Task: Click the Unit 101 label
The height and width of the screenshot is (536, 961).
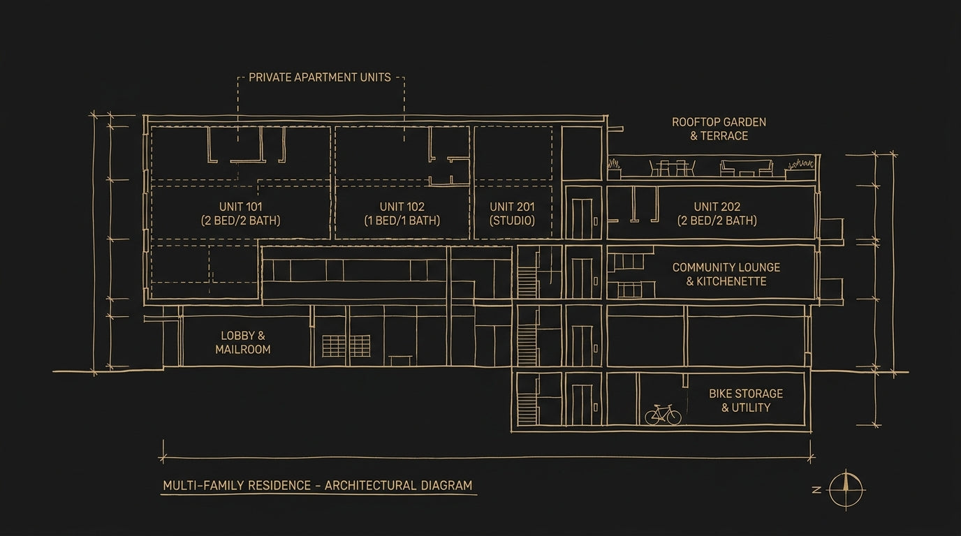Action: pyautogui.click(x=241, y=214)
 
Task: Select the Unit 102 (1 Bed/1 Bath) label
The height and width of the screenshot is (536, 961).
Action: pyautogui.click(x=402, y=214)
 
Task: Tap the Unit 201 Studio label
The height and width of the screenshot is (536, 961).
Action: pyautogui.click(x=512, y=214)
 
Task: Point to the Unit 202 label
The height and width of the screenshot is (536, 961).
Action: pyautogui.click(x=717, y=214)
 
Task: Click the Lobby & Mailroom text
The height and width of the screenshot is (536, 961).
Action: pyautogui.click(x=243, y=343)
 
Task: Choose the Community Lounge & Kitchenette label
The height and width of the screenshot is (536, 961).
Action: pyautogui.click(x=726, y=274)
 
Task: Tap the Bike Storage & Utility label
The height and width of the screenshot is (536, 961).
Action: pyautogui.click(x=746, y=400)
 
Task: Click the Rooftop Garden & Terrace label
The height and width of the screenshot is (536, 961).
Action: pyautogui.click(x=719, y=128)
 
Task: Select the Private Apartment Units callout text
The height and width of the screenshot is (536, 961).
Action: pyautogui.click(x=320, y=77)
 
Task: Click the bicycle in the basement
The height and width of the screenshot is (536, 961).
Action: pyautogui.click(x=663, y=415)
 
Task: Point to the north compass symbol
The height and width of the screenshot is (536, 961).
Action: pyautogui.click(x=846, y=490)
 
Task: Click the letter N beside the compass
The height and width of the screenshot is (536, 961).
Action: pyautogui.click(x=817, y=490)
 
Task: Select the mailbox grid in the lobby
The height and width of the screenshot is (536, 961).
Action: pyautogui.click(x=346, y=346)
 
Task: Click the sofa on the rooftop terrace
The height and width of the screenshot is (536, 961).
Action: pyautogui.click(x=747, y=168)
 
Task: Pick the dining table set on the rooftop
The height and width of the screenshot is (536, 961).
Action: pyautogui.click(x=673, y=167)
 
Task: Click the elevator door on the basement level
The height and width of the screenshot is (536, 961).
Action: pyautogui.click(x=582, y=405)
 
